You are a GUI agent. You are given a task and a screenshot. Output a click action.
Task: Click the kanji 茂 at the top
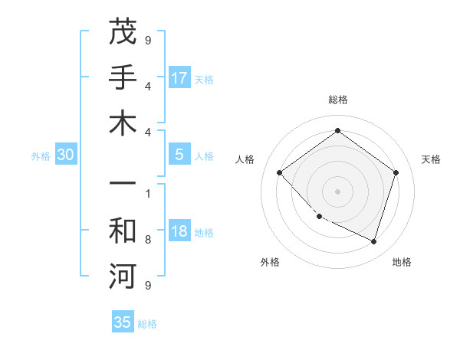coord(123,32)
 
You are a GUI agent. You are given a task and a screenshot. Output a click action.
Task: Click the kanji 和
coord(123,229)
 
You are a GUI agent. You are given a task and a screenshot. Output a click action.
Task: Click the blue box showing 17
coord(179,77)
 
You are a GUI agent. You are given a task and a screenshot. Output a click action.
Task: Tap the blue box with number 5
coord(179,155)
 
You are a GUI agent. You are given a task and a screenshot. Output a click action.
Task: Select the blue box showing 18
coord(179,231)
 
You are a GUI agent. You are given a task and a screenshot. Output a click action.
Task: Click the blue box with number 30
coord(66,155)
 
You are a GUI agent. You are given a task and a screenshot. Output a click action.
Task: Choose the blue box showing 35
coord(123,322)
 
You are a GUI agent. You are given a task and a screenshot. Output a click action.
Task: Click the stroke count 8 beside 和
coord(147,240)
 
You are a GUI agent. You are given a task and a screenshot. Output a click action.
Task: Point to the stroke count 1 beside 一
coord(147,193)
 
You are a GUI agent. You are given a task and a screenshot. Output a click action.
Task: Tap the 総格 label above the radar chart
coord(337,100)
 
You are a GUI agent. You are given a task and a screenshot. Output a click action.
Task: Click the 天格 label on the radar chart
coord(431,159)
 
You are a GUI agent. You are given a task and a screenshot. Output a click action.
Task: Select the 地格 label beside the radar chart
coord(402,262)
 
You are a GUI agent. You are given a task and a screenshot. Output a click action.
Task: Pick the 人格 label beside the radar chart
coord(245,159)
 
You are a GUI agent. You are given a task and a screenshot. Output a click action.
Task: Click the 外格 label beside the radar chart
coord(270,262)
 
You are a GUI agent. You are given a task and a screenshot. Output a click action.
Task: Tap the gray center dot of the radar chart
coord(337,191)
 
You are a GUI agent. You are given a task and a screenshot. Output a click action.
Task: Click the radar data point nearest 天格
coord(396,172)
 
